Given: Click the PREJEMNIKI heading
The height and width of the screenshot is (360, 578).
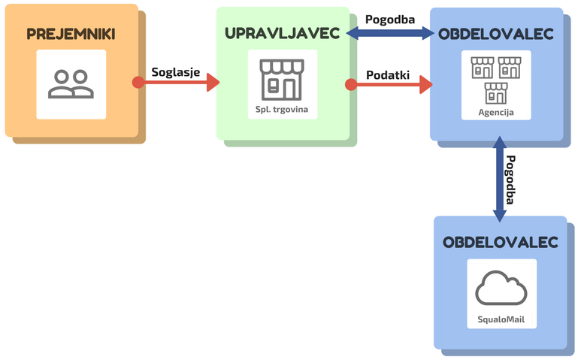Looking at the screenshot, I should tap(71, 34).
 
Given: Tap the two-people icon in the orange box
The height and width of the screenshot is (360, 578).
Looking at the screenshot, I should tap(71, 83).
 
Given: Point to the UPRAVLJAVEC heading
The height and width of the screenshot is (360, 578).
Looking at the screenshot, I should tap(282, 33).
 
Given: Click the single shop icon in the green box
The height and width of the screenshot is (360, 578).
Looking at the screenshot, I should tap(282, 79).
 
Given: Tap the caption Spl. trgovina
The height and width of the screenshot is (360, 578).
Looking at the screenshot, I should tap(282, 110).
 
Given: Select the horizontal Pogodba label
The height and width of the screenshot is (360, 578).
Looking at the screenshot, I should tap(390, 19).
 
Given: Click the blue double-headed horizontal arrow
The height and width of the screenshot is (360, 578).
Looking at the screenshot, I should tap(390, 33).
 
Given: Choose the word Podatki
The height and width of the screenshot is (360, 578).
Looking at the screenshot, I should tap(387, 74).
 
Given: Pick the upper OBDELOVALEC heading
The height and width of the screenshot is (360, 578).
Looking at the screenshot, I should tap(496, 35).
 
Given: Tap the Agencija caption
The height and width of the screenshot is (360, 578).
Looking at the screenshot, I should tap(496, 113).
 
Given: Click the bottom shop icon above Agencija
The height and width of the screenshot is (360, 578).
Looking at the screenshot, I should tap(496, 93).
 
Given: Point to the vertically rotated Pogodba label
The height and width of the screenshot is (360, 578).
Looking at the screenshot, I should tap(511, 180).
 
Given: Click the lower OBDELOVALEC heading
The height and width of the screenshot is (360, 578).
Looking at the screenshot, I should tap(500, 243).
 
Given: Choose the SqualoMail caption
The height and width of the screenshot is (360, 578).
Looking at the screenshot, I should tap(501, 319).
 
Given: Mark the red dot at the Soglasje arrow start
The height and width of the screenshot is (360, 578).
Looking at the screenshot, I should tap(138, 82).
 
